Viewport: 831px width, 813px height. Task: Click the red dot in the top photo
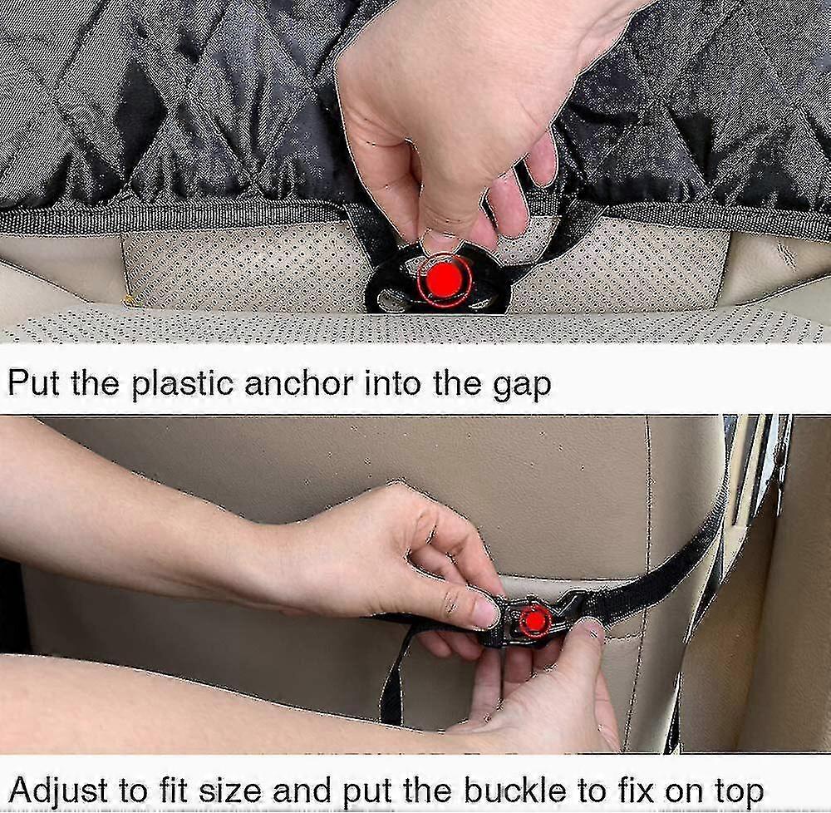pos(445,278)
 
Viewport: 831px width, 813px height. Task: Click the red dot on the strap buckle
pos(534,619)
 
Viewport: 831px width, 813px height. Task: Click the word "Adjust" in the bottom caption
pos(58,790)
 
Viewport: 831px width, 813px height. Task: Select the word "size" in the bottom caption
pos(230,790)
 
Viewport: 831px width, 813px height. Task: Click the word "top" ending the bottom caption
pos(740,792)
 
